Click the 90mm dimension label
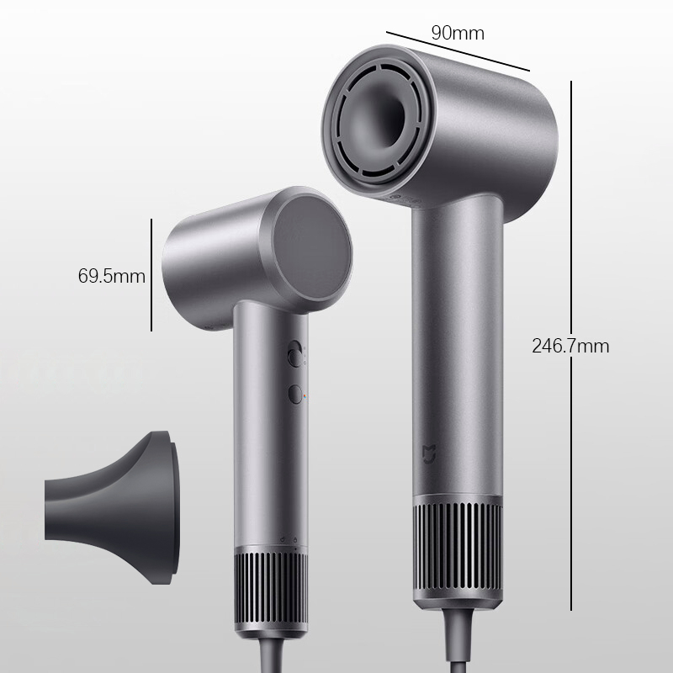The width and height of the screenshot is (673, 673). (x=458, y=33)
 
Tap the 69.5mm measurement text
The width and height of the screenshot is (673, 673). (x=111, y=276)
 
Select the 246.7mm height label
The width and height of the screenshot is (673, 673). (x=570, y=345)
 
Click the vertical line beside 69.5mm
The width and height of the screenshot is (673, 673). (x=151, y=275)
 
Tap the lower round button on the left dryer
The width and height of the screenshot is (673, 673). (x=294, y=392)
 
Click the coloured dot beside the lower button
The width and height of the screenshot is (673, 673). (x=305, y=393)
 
